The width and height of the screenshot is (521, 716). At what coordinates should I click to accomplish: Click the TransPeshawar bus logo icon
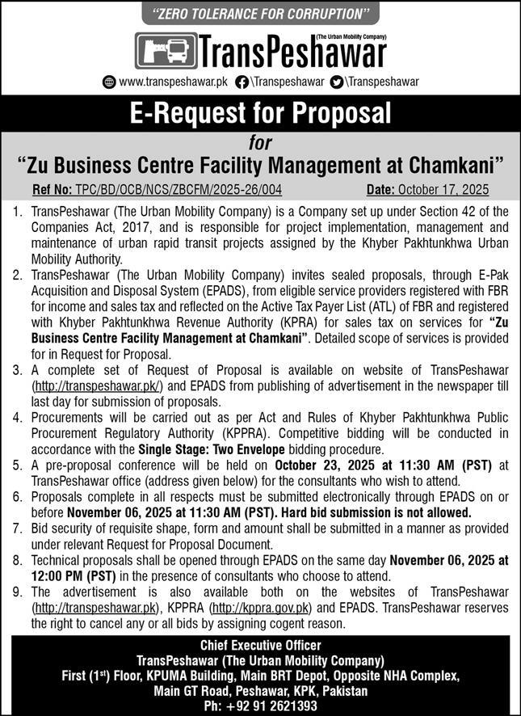click(165, 52)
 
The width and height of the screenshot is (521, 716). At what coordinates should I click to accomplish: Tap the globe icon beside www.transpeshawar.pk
click(110, 82)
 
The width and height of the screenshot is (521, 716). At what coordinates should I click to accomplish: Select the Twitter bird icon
click(337, 82)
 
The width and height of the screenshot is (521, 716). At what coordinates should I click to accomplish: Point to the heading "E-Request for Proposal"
click(260, 112)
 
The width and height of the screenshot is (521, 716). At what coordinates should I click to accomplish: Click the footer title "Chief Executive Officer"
click(260, 645)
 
